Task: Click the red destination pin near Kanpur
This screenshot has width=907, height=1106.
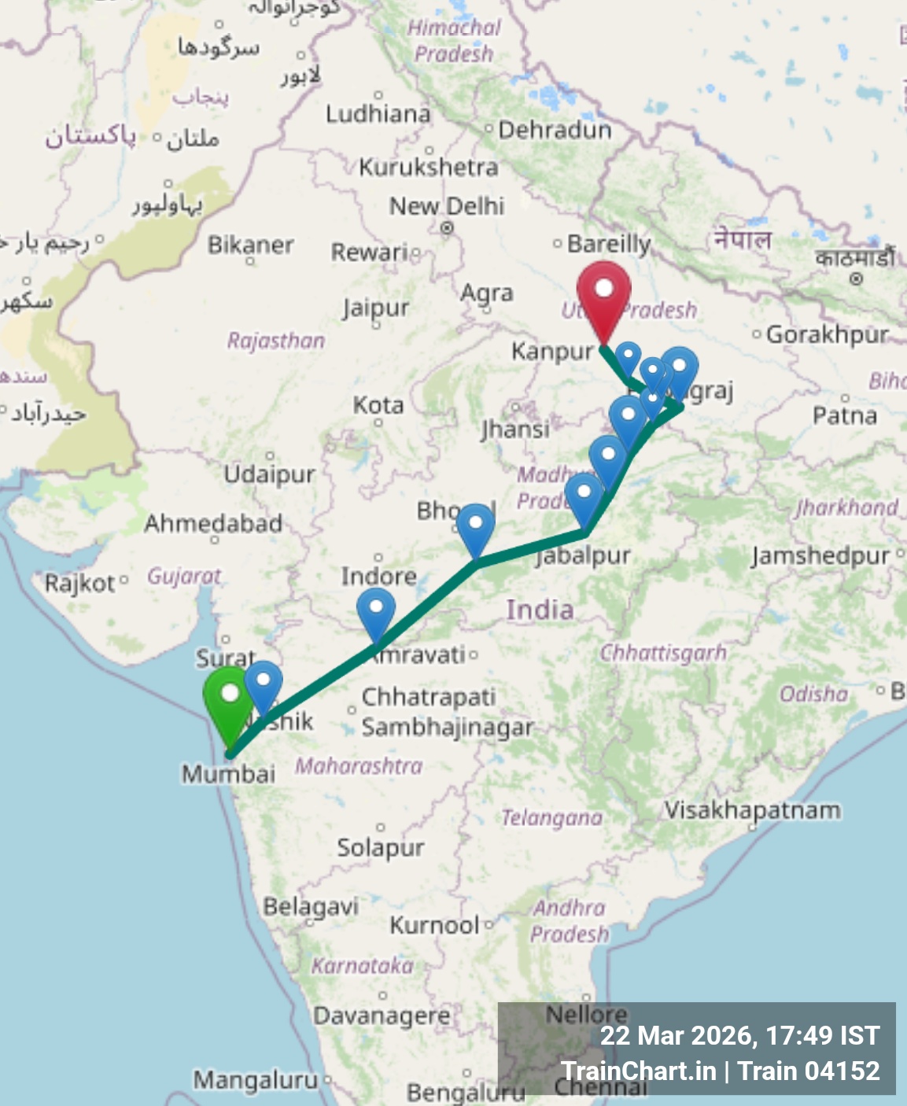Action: coord(603,295)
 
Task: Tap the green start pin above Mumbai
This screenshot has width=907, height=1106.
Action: coord(229,699)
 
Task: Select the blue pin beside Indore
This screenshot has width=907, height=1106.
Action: coord(376,612)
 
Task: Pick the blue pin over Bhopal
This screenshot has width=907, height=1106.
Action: coord(475,528)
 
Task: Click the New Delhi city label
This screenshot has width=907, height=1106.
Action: coord(447,206)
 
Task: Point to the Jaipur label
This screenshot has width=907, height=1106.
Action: coord(376,308)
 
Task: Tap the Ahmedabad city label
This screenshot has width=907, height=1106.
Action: coord(213,523)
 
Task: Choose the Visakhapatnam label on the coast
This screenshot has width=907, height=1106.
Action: coord(752,809)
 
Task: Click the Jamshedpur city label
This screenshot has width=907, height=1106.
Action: coord(820,556)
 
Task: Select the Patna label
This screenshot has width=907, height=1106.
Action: coord(845,415)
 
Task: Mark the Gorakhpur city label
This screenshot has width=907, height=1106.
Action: coord(828,334)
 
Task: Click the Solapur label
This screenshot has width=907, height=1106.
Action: coord(381,847)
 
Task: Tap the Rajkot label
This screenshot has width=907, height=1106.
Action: coord(79,584)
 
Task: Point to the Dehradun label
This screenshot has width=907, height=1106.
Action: coord(555,130)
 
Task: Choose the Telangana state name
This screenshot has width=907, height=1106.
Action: coord(552,818)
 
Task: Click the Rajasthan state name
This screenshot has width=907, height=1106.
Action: coord(276,341)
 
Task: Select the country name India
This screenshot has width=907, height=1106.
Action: coord(540,610)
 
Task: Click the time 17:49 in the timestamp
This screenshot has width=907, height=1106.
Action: coord(795,1035)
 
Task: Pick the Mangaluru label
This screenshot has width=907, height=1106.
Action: coord(256,1080)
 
